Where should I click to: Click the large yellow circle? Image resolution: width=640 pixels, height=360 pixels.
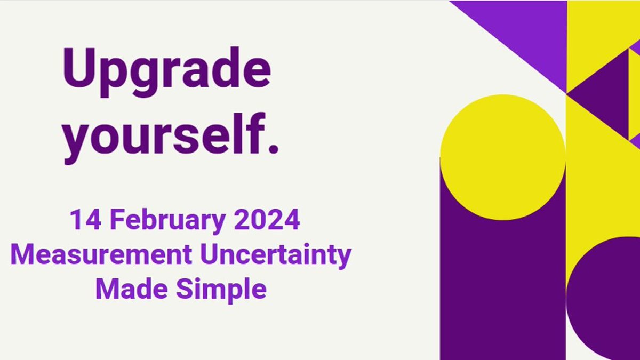click(x=502, y=157)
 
